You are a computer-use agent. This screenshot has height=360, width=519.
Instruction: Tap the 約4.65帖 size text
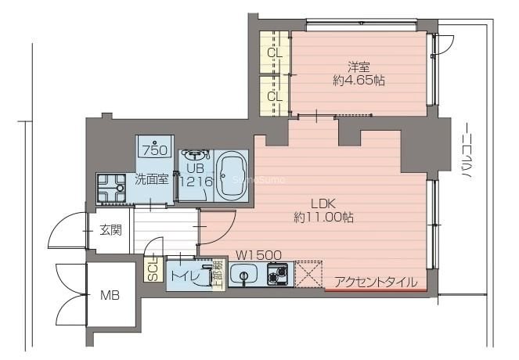click(358, 80)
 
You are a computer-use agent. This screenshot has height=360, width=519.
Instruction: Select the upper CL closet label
click(274, 53)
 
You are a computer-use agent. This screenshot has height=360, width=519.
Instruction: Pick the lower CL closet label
click(274, 96)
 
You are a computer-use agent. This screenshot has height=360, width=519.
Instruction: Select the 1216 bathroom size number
click(195, 182)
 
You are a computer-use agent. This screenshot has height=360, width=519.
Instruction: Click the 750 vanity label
click(152, 149)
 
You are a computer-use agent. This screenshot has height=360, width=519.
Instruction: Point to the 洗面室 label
click(151, 178)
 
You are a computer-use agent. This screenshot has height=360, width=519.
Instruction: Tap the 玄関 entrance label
click(110, 230)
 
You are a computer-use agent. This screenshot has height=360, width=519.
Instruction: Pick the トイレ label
click(185, 275)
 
